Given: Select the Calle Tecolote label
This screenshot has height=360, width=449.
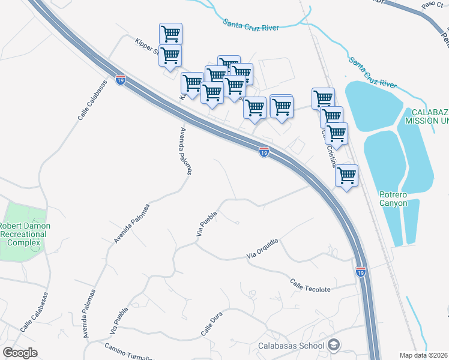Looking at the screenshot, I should [x=310, y=286].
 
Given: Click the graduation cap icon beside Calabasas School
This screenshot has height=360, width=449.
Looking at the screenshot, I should [x=334, y=345].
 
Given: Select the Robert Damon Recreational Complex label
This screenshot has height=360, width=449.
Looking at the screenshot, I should [x=25, y=234].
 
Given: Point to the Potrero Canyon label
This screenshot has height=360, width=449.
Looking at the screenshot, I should [x=393, y=199].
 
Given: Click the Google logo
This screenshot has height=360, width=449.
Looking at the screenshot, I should [x=20, y=353].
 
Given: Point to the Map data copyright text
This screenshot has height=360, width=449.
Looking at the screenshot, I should [x=423, y=355].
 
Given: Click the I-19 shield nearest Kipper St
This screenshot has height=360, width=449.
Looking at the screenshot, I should [x=121, y=80].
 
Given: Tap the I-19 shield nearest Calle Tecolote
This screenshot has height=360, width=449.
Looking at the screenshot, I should [x=360, y=272].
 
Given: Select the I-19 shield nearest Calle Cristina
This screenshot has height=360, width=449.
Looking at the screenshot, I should [x=264, y=152].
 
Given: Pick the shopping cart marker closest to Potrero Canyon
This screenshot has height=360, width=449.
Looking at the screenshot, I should [x=346, y=175].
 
